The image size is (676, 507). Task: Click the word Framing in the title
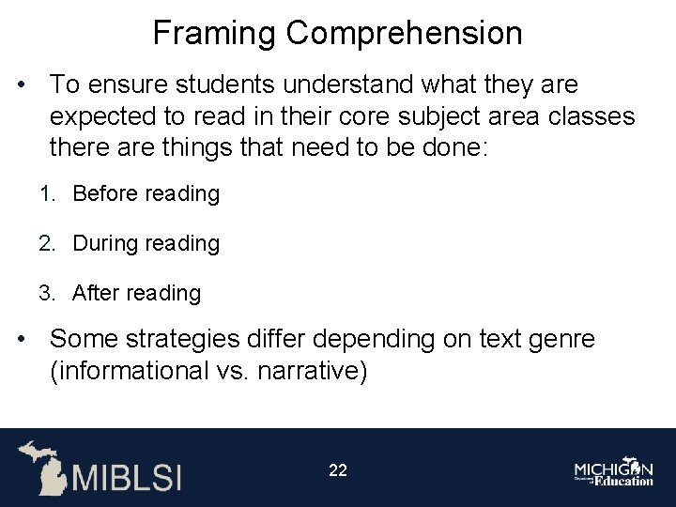[x=215, y=34]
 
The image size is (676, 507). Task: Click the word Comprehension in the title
[x=405, y=34]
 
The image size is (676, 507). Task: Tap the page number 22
[x=338, y=470]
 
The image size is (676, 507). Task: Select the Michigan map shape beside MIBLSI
[x=42, y=467]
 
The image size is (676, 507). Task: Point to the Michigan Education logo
[x=615, y=469]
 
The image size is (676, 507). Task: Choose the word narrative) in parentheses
[x=315, y=371]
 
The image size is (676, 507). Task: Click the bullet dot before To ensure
[x=21, y=86]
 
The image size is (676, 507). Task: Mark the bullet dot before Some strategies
[x=21, y=340]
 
